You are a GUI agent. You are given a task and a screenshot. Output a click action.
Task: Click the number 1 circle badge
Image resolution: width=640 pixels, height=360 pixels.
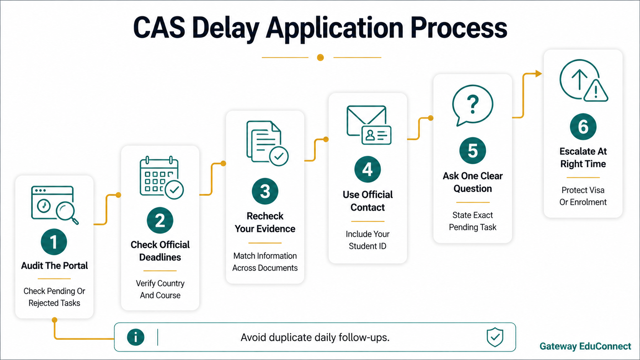pos(54,242)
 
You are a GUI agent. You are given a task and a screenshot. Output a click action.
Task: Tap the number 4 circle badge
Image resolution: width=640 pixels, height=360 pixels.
pos(367,169)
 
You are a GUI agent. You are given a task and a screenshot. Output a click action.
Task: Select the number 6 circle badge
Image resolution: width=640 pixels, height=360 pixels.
pos(583,127)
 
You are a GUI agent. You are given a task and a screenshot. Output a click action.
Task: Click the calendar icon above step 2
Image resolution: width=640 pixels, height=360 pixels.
pos(162,178)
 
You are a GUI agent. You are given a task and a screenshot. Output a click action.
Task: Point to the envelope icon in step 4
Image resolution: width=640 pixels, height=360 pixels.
pos(366,121)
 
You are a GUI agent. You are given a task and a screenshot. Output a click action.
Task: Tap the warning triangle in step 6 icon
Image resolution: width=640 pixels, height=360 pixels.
pos(596,91)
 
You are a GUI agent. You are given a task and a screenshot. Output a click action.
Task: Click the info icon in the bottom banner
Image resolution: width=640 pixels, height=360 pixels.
pos(136,337)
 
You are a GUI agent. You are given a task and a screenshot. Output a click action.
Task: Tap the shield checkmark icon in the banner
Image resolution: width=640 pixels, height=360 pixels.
pos(495,337)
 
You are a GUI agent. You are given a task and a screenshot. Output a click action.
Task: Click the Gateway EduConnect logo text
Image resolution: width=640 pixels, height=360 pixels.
pos(585,346)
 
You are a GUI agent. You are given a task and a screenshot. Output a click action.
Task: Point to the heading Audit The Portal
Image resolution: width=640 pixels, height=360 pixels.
pos(54,266)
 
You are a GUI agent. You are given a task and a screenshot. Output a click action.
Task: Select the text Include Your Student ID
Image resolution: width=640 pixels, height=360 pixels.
pos(367,240)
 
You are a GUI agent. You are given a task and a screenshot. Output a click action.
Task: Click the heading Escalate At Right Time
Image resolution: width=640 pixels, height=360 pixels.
pos(583,157)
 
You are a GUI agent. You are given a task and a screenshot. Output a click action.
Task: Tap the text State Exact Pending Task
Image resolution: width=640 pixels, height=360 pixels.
pos(473,221)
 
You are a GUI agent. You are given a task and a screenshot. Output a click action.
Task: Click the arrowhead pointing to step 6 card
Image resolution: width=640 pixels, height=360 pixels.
pos(539,74)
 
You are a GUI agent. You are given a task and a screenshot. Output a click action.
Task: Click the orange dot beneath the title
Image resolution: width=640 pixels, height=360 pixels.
pos(320,58)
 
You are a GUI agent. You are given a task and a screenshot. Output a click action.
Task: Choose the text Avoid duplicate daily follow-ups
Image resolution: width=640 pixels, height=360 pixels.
pos(315,337)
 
